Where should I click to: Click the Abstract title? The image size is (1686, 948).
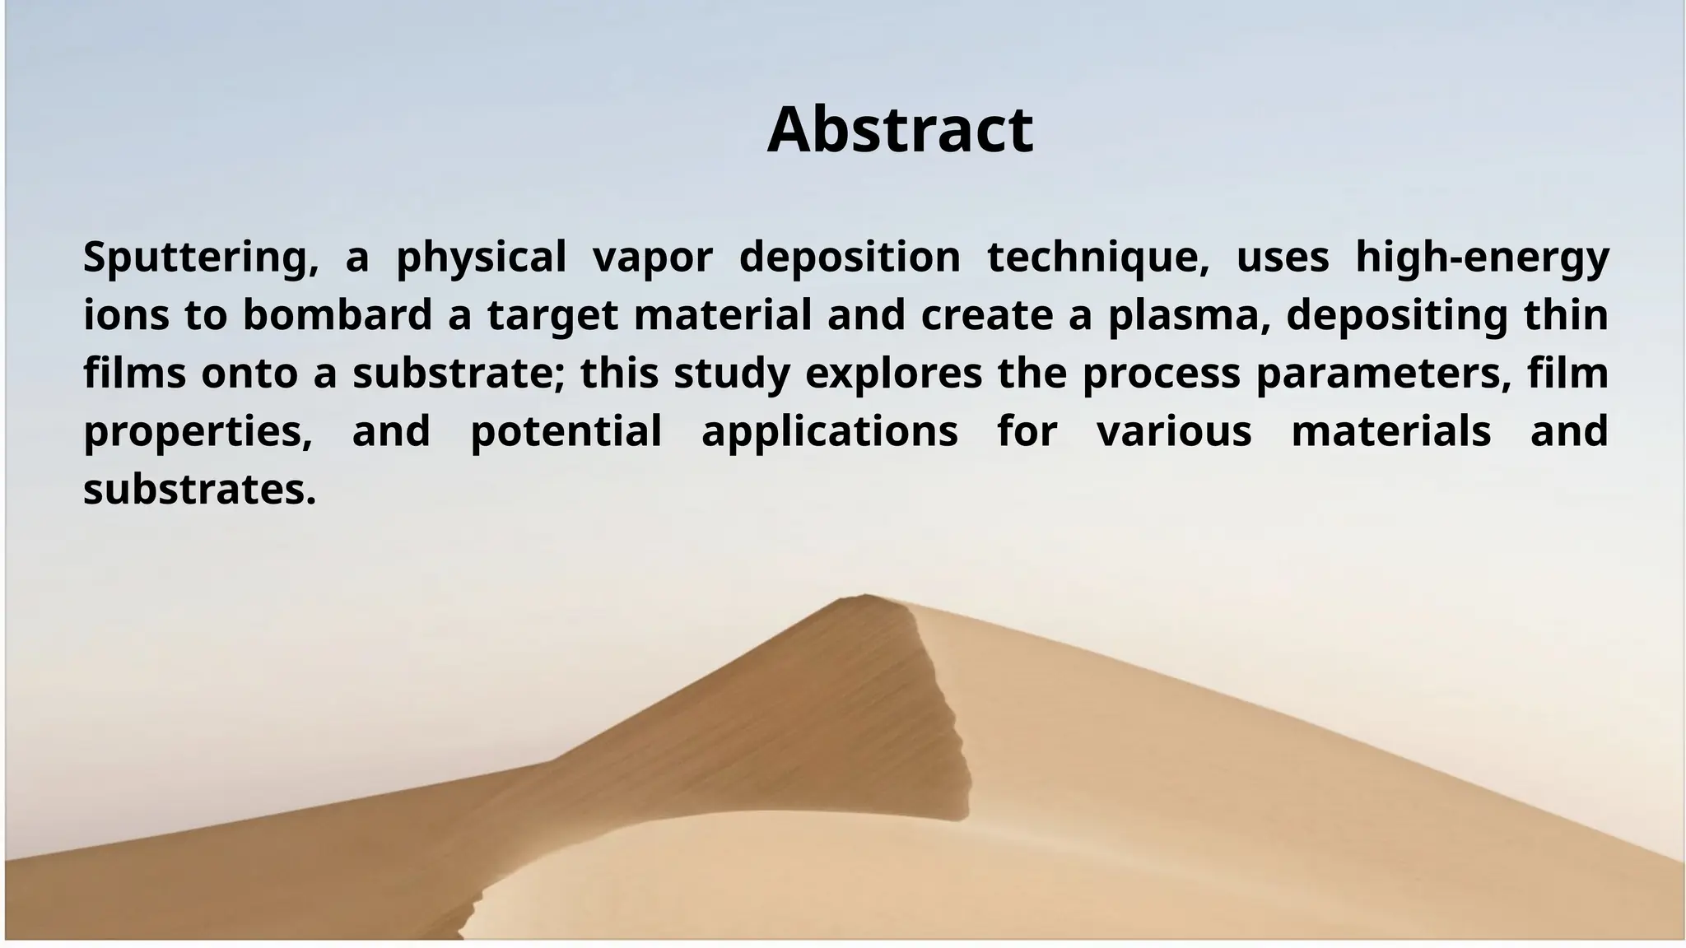pos(900,129)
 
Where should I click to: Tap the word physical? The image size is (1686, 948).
pos(481,258)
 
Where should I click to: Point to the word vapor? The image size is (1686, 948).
pos(652,258)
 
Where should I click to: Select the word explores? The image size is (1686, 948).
pos(893,374)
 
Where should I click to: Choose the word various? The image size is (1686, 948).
pos(1174,431)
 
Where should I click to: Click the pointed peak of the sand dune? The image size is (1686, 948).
pos(864,596)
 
